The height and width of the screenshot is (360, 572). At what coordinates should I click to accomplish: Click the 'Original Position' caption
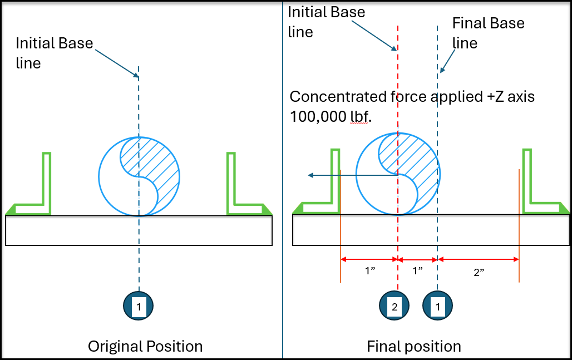tap(145, 346)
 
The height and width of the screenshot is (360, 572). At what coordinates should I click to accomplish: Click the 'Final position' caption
tap(413, 346)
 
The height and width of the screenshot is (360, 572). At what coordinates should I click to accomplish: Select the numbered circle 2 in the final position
tap(394, 305)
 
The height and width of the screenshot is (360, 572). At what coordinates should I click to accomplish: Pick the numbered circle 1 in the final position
tap(437, 305)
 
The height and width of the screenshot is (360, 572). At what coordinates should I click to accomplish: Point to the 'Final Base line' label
tap(488, 33)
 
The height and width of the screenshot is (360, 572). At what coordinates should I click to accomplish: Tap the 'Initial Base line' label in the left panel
tap(54, 53)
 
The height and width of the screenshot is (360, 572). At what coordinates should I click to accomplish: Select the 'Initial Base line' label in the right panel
tap(326, 22)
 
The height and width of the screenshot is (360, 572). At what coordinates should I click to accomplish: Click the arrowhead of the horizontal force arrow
tap(310, 176)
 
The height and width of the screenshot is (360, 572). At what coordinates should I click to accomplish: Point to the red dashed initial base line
tap(397, 83)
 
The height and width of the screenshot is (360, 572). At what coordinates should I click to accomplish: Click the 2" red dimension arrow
tap(479, 259)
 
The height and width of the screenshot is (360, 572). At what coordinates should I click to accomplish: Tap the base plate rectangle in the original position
tap(139, 230)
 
